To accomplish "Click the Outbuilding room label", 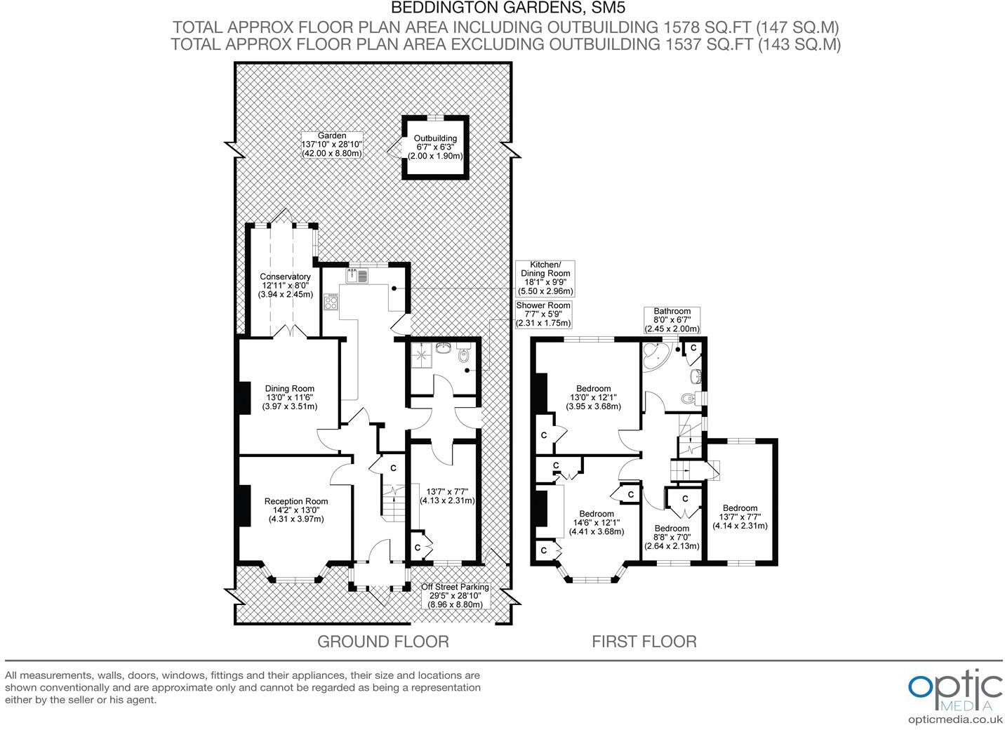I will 435,147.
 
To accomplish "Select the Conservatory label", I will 285,286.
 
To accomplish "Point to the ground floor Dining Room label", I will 289,397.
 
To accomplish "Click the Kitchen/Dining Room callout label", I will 545,278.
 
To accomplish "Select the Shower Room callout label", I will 543,314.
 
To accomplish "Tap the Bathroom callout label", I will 672,320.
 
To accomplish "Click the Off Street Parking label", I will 455,595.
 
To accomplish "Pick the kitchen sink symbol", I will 357,276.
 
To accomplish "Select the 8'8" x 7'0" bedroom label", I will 672,537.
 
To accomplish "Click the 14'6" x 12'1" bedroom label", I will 597,522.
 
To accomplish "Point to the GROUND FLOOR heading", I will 382,641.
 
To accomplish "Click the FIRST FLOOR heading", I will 644,641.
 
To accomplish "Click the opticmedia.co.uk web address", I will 954,719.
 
